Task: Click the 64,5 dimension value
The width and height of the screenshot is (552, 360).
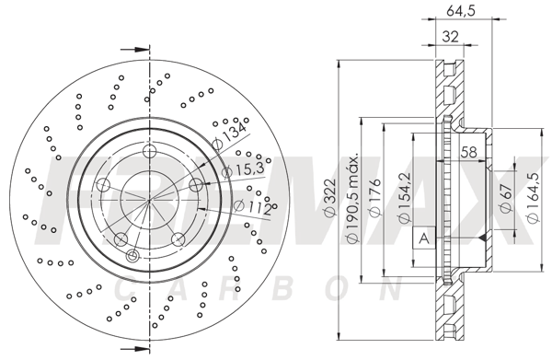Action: (x=461, y=11)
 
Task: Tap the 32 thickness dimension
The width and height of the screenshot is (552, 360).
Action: (x=450, y=36)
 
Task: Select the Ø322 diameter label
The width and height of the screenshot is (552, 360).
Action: (x=330, y=200)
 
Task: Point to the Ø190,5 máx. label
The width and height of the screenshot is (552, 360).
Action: (x=352, y=198)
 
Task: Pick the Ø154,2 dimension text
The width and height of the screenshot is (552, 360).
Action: (x=404, y=198)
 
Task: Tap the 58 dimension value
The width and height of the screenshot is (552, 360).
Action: (x=468, y=152)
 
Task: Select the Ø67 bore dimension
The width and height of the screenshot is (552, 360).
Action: (x=506, y=197)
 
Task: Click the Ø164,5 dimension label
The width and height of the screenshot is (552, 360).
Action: (x=533, y=198)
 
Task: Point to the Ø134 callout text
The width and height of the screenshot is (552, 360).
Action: (x=230, y=134)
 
